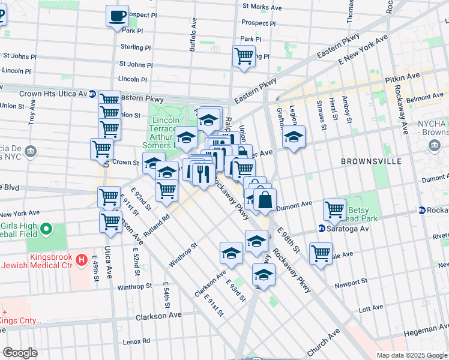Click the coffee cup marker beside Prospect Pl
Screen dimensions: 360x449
(x=117, y=16)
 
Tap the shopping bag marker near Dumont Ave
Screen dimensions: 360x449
(x=265, y=200)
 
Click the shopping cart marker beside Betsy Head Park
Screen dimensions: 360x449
(x=334, y=209)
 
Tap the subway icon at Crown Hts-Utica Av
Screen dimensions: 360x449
(x=92, y=94)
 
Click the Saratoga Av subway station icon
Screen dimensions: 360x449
(x=322, y=229)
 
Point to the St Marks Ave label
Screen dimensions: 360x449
(x=262, y=7)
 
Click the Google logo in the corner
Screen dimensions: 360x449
(x=20, y=353)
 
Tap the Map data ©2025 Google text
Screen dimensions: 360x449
(x=411, y=355)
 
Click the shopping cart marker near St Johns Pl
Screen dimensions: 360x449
(x=243, y=56)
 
